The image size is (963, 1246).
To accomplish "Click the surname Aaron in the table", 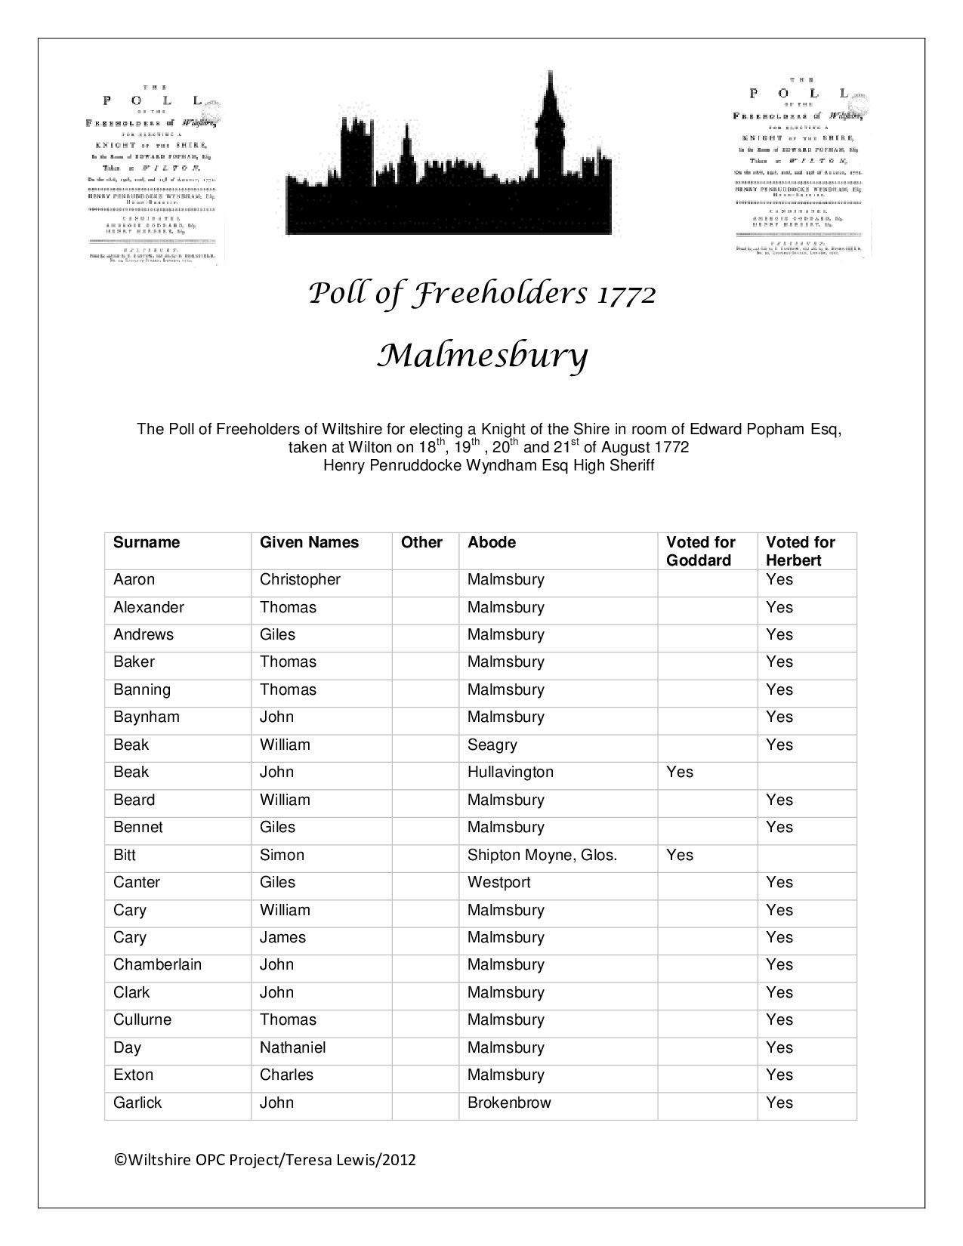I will click(x=134, y=580).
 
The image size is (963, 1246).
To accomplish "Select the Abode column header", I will click(x=491, y=543).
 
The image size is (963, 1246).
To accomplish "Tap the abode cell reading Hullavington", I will click(x=510, y=773).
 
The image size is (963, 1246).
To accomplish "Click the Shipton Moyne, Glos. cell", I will click(x=542, y=856).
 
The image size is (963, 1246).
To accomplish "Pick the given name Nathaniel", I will click(x=292, y=1048).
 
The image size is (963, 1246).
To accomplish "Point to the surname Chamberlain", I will click(x=157, y=965).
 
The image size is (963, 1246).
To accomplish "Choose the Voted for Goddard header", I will click(x=700, y=551).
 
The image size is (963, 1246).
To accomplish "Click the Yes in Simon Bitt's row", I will click(x=680, y=856).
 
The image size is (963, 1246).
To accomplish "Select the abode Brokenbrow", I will click(x=509, y=1103).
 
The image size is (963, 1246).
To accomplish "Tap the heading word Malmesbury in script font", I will click(x=482, y=356).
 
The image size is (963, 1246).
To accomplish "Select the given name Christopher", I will click(x=300, y=580).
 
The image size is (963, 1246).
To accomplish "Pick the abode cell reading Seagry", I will click(x=492, y=745).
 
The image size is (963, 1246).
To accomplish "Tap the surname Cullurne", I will click(x=142, y=1020).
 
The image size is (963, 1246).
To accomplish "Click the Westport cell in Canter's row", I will click(x=498, y=883).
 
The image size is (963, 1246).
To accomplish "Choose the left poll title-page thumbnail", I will click(x=156, y=174).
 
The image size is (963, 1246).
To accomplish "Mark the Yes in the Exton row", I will click(x=779, y=1075).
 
